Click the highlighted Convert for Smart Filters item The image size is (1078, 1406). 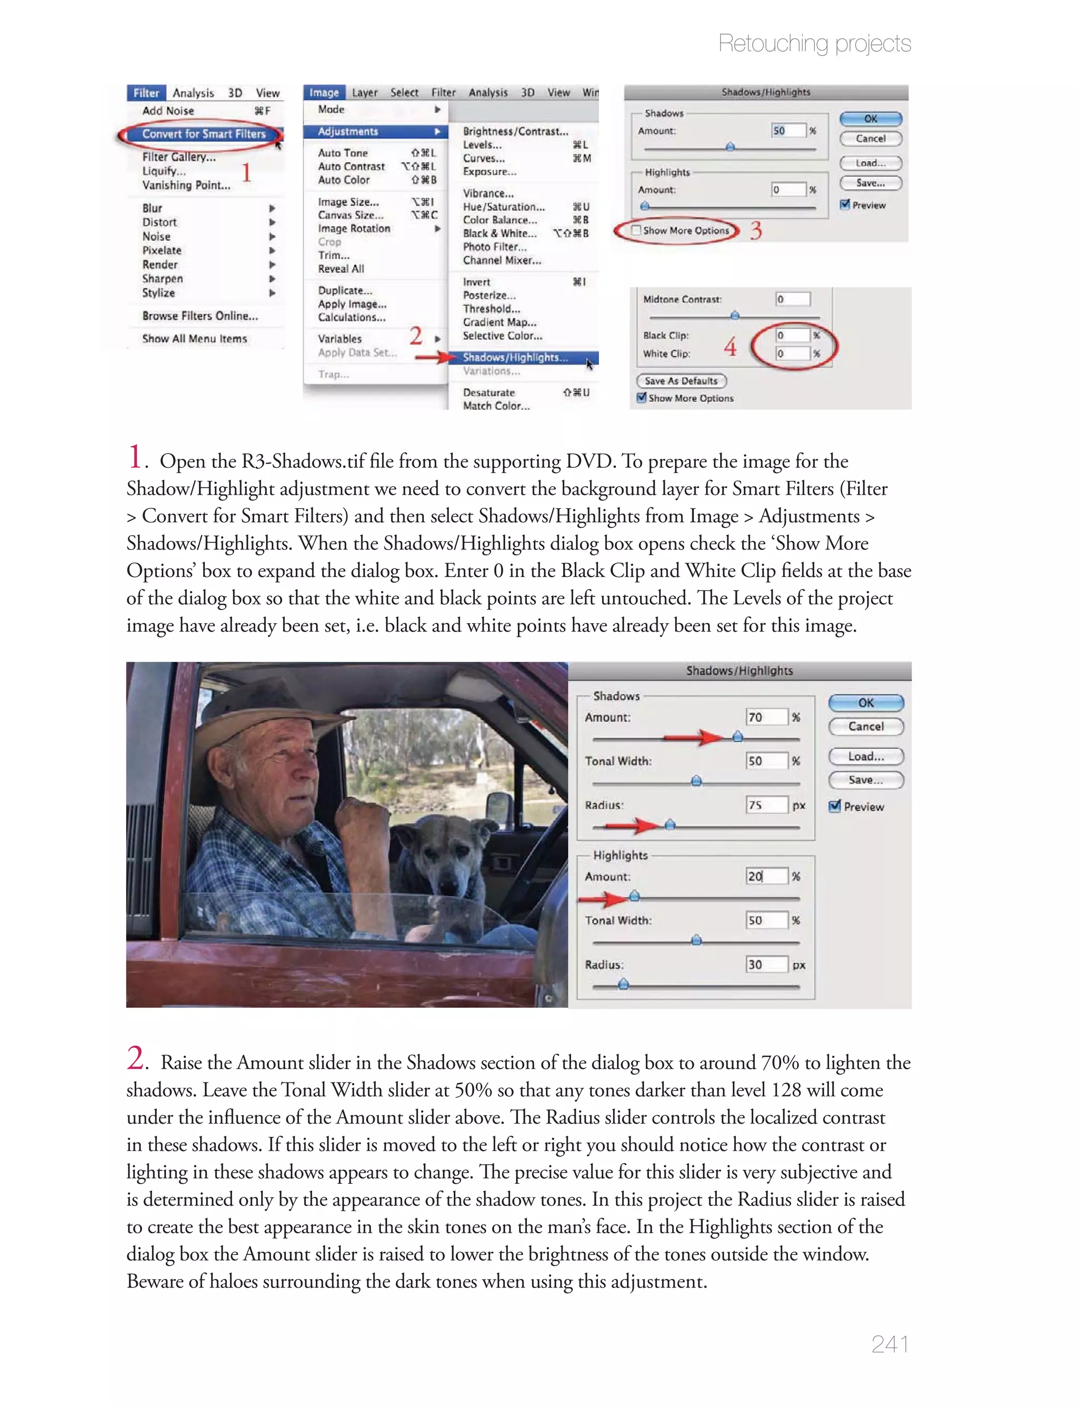(x=203, y=133)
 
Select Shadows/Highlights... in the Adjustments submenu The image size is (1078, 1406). (x=515, y=358)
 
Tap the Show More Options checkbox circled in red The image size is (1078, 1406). (x=636, y=231)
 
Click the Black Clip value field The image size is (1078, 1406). (x=791, y=335)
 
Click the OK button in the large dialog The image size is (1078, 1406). (x=865, y=703)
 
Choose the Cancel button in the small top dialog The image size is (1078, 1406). (x=870, y=139)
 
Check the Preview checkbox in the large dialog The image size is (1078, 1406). (x=835, y=807)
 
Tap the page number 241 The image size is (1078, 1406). (x=890, y=1344)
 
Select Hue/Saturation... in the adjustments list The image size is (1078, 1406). (x=504, y=207)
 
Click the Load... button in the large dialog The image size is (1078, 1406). (x=865, y=756)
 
